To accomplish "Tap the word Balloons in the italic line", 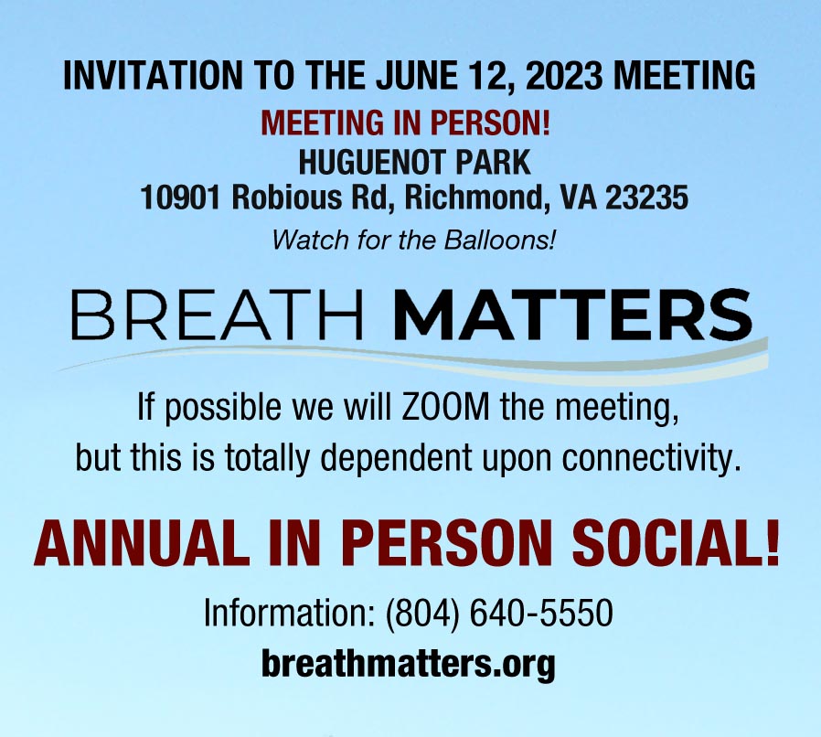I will click(510, 241).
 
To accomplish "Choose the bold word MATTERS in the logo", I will click(575, 315).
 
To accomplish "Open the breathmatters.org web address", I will click(409, 662).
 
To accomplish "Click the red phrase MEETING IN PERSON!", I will click(410, 123).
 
